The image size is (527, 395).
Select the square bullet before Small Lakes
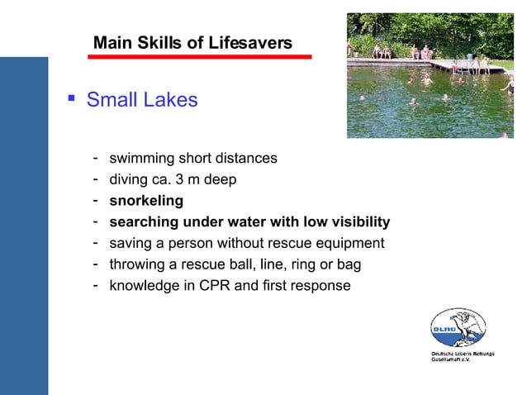click(71, 99)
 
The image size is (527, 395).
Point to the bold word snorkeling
click(146, 200)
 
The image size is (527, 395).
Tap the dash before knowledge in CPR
click(97, 285)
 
